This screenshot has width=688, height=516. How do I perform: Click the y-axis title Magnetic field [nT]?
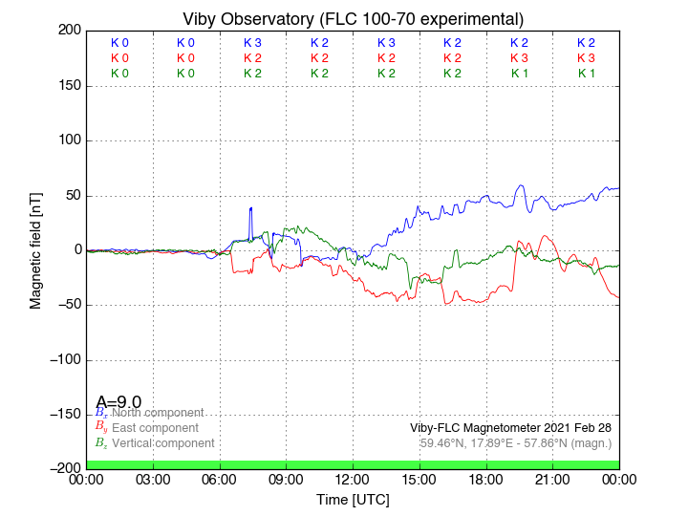(35, 248)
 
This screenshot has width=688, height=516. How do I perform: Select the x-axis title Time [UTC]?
(353, 500)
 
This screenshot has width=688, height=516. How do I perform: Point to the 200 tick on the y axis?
(70, 31)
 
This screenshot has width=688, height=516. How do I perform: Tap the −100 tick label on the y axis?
(63, 360)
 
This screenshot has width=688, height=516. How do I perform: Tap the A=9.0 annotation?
(118, 402)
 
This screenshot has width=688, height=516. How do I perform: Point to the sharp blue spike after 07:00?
(250, 208)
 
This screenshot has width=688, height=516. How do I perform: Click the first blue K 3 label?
(252, 43)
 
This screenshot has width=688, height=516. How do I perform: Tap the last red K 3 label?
(586, 58)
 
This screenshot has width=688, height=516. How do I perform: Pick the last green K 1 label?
(586, 74)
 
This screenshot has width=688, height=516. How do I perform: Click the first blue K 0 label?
(119, 43)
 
